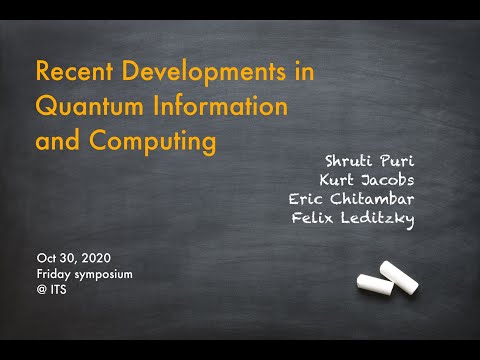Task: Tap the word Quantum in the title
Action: pyautogui.click(x=84, y=106)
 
